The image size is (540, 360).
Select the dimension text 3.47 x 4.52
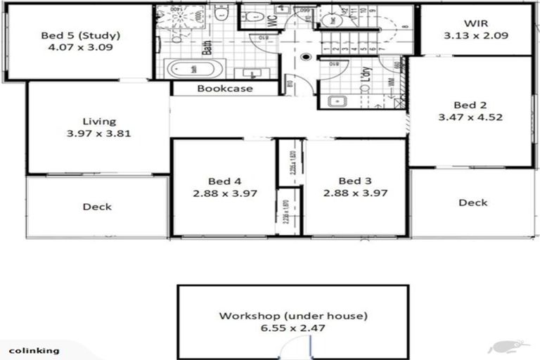470,117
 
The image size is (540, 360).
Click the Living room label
99,121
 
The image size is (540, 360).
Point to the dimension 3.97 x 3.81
99,133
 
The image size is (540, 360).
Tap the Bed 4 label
223,181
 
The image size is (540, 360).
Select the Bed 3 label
355,181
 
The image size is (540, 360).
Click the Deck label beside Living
97,207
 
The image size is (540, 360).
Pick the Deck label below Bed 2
472,202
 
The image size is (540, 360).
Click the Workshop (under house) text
293,316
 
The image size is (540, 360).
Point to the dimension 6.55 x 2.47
293,328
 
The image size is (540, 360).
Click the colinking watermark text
34,349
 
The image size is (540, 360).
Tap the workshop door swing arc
288,349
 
